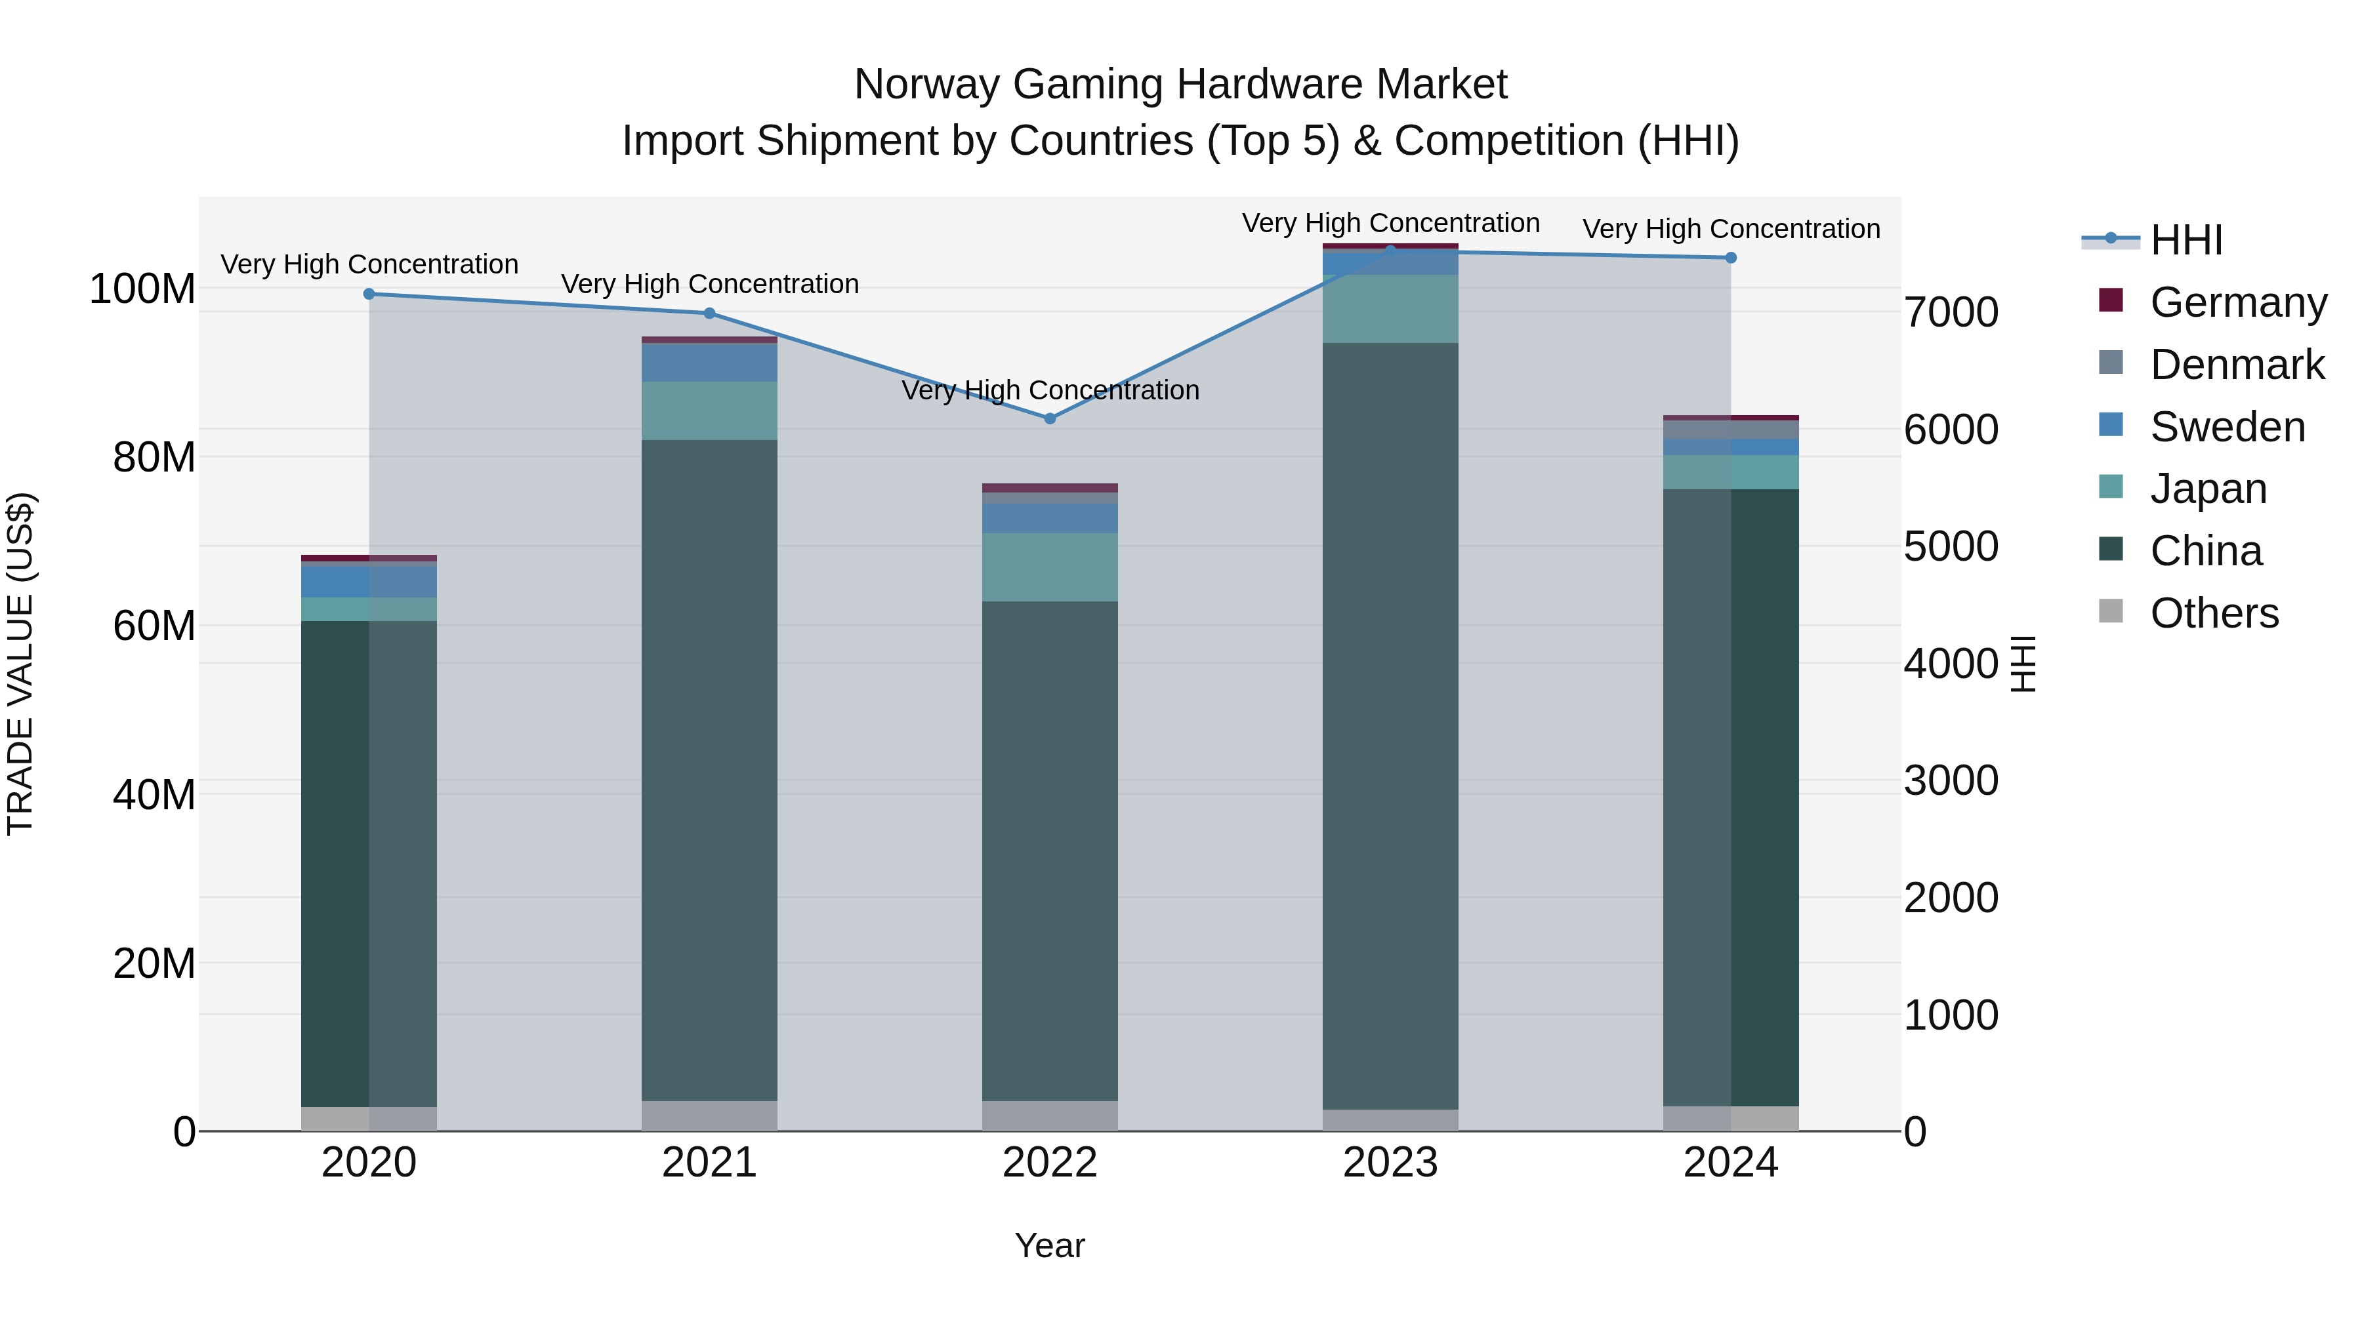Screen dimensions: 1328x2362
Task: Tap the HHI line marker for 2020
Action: click(x=369, y=294)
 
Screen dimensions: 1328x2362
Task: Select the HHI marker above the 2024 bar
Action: click(x=1730, y=258)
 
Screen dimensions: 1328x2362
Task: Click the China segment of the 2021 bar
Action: click(x=709, y=770)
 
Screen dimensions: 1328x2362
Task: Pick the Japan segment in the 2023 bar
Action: click(x=1390, y=309)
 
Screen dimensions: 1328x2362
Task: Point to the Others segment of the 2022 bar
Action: click(x=1050, y=1116)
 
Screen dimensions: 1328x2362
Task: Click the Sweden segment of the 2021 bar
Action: click(x=709, y=363)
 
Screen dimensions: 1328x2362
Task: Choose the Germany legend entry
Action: click(x=2237, y=302)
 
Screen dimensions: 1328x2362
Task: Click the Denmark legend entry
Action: click(x=2237, y=365)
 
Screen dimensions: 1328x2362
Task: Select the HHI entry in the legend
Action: click(x=2186, y=240)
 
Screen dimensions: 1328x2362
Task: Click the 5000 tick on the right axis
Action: click(x=1951, y=546)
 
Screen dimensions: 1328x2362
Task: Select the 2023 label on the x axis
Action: click(x=1390, y=1163)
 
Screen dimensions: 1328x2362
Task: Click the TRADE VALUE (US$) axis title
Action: click(x=20, y=664)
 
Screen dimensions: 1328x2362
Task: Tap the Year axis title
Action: click(x=1050, y=1245)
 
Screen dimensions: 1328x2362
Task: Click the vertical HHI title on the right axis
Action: click(x=2022, y=664)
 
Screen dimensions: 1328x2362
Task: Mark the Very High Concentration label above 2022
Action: click(x=1050, y=390)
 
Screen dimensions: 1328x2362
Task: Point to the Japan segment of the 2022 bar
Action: click(x=1050, y=567)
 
